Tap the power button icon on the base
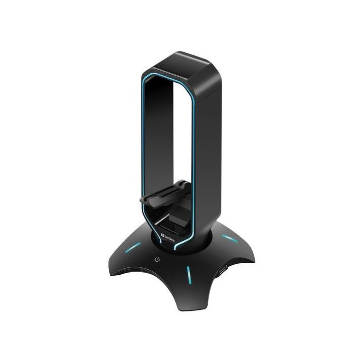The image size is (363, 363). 158,259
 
